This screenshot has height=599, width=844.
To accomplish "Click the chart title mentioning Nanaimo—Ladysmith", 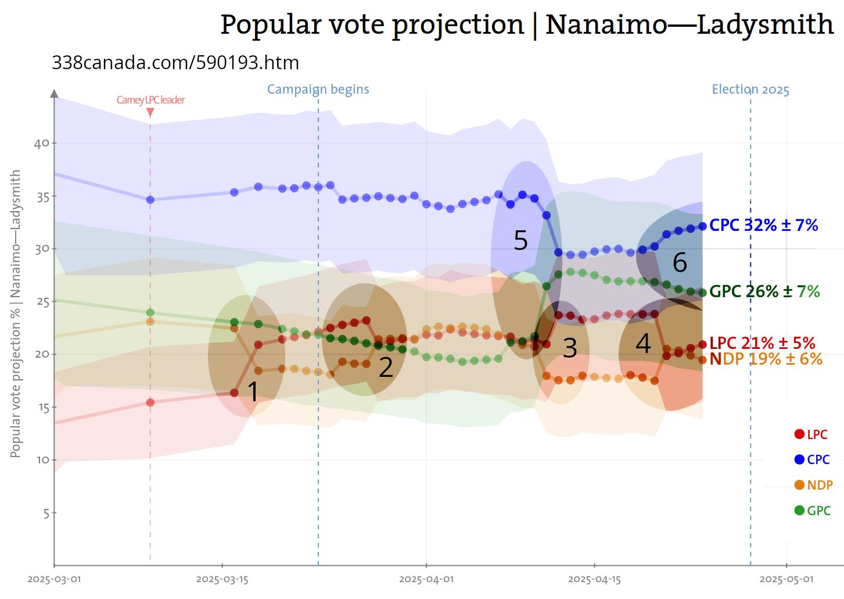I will (526, 24).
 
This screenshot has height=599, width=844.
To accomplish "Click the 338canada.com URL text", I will (175, 63).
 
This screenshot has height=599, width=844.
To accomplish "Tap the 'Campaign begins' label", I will (318, 89).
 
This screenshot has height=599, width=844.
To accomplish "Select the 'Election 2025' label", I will (750, 90).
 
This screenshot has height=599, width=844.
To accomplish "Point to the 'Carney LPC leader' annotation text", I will (150, 100).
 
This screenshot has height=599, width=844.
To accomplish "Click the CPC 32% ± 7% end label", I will (763, 225).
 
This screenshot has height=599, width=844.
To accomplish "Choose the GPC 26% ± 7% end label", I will (764, 291).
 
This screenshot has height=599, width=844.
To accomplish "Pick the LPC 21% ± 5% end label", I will (762, 343).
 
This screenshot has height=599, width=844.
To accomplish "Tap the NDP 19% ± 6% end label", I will (766, 359).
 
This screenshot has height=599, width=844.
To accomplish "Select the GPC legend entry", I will (812, 511).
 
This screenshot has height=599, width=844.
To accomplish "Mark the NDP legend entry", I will (813, 485).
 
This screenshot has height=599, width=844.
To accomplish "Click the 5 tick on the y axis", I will (46, 513).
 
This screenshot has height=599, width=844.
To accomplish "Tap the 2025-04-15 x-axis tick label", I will (594, 579).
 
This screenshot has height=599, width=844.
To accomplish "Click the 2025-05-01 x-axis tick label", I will (786, 579).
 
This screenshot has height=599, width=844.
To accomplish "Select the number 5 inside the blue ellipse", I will (520, 240).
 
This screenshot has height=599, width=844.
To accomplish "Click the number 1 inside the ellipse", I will (253, 392).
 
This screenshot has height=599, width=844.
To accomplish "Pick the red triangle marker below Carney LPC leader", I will (150, 112).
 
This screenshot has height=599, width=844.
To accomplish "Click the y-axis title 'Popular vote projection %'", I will (16, 314).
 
